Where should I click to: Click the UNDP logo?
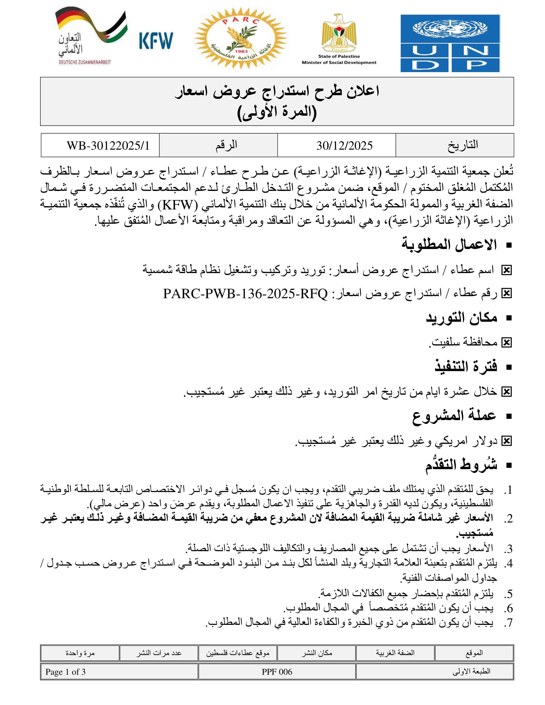450,43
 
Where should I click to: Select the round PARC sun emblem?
240,38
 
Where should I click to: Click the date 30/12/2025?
344,145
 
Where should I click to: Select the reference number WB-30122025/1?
108,145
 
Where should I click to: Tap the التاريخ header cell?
462,145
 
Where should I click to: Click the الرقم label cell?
226,145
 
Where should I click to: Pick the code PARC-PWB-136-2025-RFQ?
245,294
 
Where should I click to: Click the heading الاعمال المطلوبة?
449,245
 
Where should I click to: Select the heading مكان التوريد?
461,318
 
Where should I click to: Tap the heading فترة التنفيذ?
465,367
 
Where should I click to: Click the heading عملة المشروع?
454,415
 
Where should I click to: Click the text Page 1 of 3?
65,672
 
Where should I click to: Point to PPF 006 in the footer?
277,672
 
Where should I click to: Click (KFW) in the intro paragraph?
177,204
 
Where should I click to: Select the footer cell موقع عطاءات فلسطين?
238,653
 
